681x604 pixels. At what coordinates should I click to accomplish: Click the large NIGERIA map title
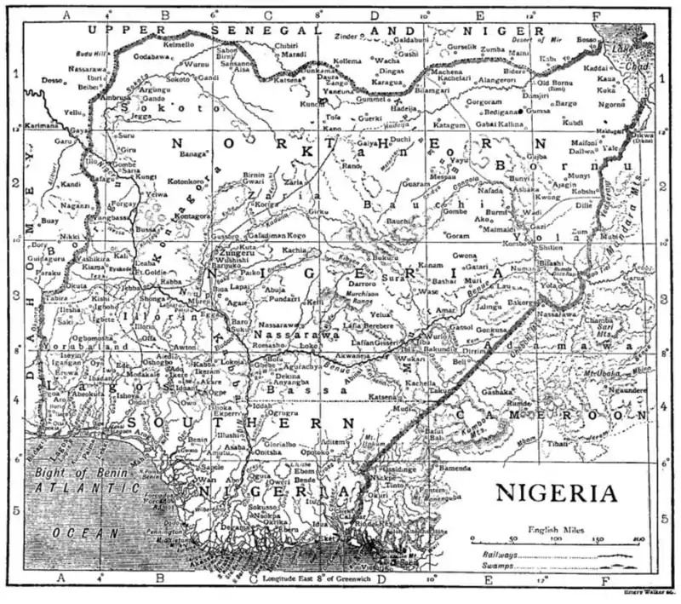[558, 493]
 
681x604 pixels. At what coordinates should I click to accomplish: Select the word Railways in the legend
[493, 555]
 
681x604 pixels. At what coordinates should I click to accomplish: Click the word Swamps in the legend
[489, 565]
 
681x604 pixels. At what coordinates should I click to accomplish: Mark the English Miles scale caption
[557, 528]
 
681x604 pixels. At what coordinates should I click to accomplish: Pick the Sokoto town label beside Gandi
[178, 78]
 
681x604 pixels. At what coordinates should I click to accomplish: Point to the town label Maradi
[294, 54]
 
